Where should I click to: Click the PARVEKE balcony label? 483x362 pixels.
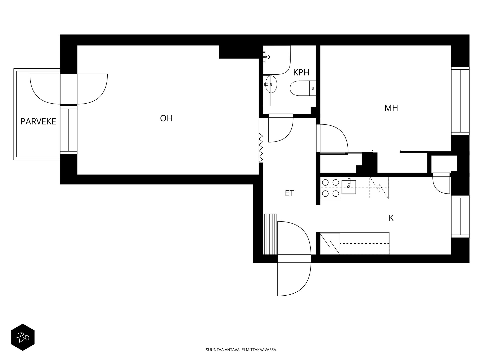(x=38, y=122)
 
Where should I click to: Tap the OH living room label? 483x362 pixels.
(x=166, y=118)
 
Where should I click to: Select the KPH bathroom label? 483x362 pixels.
(x=301, y=73)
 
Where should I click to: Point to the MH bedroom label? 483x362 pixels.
(x=391, y=108)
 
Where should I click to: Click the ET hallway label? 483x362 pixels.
(x=290, y=193)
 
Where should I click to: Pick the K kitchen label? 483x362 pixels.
(x=391, y=218)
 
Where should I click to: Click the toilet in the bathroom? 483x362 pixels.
(x=303, y=88)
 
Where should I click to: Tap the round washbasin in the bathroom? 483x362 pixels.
(x=271, y=84)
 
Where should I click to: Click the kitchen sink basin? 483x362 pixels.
(x=349, y=187)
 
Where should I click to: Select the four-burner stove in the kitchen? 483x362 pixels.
(x=331, y=188)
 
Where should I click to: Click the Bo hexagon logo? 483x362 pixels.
(x=23, y=337)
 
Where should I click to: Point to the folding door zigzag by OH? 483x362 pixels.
(x=261, y=148)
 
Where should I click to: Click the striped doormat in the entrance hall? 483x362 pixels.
(x=269, y=234)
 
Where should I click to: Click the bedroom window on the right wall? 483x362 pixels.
(x=460, y=101)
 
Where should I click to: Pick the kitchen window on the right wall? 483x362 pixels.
(x=460, y=216)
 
